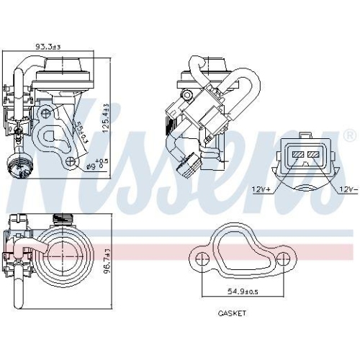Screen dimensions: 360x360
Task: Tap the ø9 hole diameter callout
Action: tap(95, 166)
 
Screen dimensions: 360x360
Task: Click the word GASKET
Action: tap(232, 314)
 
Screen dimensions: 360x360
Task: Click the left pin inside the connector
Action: tap(297, 153)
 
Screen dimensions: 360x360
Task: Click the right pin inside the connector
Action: tap(315, 153)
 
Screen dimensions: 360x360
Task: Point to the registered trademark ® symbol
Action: tap(349, 135)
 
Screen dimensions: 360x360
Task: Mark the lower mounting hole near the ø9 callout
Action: tap(70, 163)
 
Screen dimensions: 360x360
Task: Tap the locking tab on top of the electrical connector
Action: tap(305, 136)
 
